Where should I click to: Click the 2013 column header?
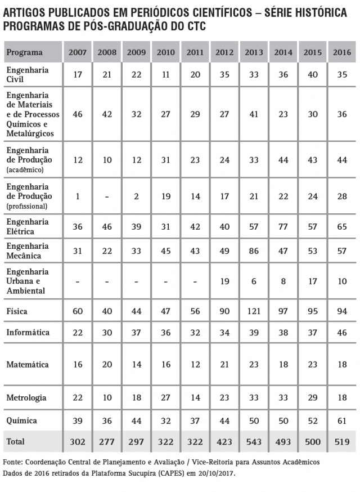point(254,52)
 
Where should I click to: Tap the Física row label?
point(17,311)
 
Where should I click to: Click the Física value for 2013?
point(254,311)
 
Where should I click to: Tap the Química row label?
point(22,421)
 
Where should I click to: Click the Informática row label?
point(28,332)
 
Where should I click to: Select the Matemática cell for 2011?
point(195,365)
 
